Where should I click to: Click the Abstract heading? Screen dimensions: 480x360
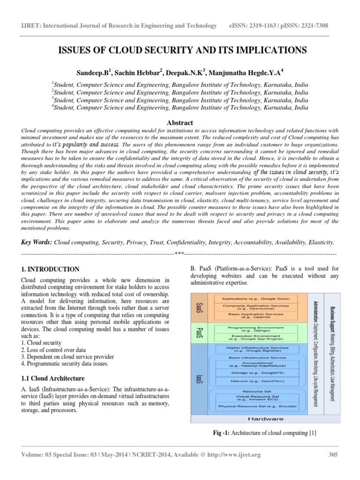click(x=180, y=123)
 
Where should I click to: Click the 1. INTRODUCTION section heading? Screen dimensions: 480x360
click(x=51, y=269)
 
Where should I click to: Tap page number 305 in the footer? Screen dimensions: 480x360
click(x=333, y=454)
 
